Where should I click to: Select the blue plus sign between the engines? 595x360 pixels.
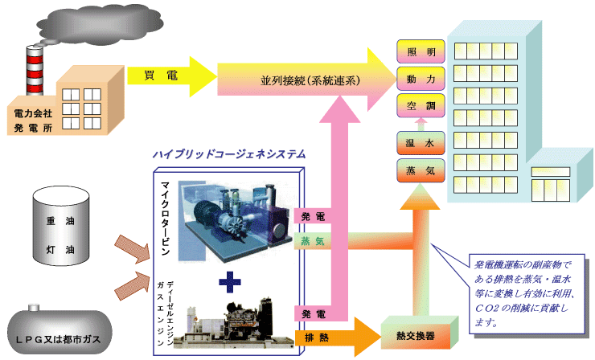[230, 280]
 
